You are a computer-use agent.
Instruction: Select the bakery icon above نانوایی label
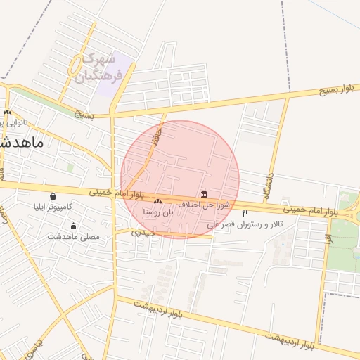[x=8, y=112]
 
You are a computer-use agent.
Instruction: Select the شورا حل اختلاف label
[x=203, y=204]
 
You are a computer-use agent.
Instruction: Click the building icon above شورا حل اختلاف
[x=204, y=193]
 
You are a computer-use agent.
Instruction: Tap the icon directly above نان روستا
[x=157, y=201]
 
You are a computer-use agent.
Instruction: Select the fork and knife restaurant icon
[x=245, y=213]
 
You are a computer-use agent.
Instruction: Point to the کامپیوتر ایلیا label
[x=53, y=207]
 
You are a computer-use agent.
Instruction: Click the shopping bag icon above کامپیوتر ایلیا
[x=53, y=197]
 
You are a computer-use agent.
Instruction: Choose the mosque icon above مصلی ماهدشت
[x=74, y=226]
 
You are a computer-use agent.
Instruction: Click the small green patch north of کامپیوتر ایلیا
[x=70, y=167]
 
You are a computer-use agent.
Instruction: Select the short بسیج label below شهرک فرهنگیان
[x=84, y=113]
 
